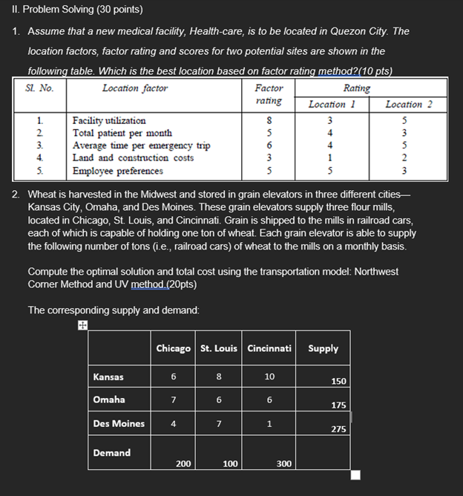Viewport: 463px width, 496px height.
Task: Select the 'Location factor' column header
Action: pos(134,88)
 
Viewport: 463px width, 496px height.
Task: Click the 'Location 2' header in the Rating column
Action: pos(404,105)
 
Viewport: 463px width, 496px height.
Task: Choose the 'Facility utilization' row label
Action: pos(108,120)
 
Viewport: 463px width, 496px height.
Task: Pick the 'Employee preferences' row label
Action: pos(117,171)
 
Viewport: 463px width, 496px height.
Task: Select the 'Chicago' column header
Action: pos(173,349)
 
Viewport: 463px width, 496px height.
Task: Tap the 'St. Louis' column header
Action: pos(219,349)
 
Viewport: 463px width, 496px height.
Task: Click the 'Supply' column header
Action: pos(323,348)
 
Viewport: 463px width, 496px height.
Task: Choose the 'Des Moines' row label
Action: pos(119,423)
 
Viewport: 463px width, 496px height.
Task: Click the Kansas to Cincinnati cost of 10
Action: pos(269,376)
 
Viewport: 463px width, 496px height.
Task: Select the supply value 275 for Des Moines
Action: pos(338,428)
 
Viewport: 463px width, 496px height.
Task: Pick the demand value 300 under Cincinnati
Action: pos(283,463)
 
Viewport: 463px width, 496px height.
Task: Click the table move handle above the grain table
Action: pos(82,324)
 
